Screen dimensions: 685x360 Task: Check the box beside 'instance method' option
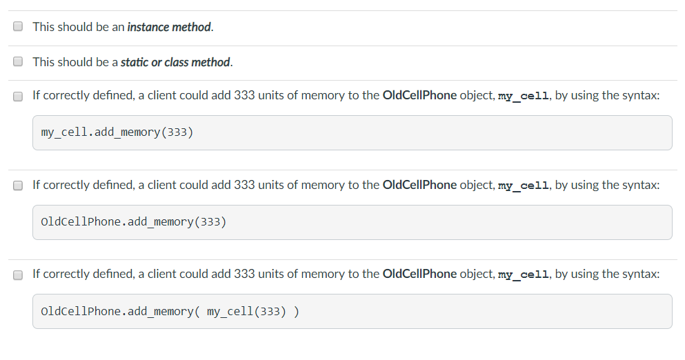tap(18, 26)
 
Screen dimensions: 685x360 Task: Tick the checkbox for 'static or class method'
tap(18, 61)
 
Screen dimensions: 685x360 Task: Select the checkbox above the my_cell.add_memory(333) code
tap(18, 96)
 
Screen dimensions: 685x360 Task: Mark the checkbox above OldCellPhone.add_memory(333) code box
tap(18, 186)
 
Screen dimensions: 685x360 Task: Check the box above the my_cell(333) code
tap(18, 274)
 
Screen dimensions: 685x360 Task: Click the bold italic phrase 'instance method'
tap(169, 27)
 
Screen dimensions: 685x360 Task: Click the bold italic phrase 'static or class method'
tap(175, 62)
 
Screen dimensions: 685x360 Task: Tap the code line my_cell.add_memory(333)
tap(117, 132)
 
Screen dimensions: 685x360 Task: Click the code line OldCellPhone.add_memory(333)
tap(134, 222)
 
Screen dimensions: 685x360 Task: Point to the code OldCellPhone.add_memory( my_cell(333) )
tap(170, 312)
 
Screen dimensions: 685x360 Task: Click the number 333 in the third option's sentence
tap(244, 95)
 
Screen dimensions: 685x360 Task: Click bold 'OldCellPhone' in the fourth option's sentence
tap(420, 185)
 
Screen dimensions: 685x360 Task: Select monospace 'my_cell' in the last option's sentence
tap(524, 274)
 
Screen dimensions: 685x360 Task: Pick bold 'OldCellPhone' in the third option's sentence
tap(420, 95)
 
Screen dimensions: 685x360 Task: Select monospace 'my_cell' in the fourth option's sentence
tap(524, 186)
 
